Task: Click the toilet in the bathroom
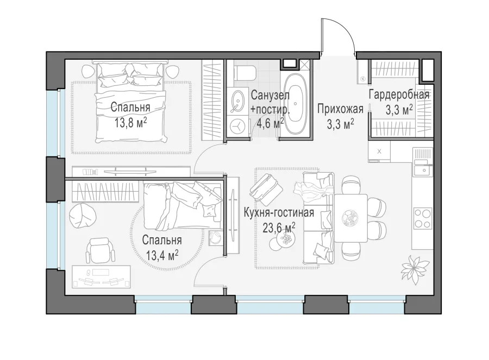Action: pos(245,73)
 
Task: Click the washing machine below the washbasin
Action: pos(239,126)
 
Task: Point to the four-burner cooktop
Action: pos(423,218)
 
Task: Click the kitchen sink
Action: pos(423,170)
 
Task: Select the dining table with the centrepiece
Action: pos(350,218)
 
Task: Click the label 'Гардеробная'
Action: pos(399,94)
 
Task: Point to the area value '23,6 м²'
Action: pos(279,228)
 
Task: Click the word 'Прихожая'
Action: pos(340,109)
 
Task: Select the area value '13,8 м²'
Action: pos(130,123)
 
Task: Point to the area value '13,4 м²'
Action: pos(162,256)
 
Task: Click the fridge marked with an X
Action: pos(379,151)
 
